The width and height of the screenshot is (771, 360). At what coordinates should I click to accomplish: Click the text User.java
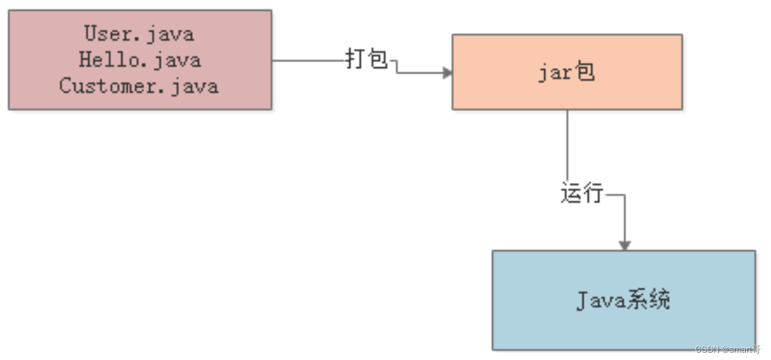click(x=139, y=34)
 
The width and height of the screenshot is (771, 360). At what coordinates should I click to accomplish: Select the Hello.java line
click(x=139, y=60)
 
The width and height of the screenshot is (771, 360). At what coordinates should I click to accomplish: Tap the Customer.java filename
click(x=139, y=86)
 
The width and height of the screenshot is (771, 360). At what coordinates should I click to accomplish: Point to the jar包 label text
click(x=567, y=72)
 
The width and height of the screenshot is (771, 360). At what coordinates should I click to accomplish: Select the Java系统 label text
click(x=624, y=301)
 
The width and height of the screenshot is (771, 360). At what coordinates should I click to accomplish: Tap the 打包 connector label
click(x=367, y=59)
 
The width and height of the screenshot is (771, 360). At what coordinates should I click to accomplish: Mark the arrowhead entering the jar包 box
click(x=447, y=73)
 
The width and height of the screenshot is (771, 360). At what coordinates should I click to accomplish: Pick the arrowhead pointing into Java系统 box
click(x=624, y=245)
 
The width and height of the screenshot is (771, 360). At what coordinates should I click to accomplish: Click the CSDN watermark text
click(x=727, y=349)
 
